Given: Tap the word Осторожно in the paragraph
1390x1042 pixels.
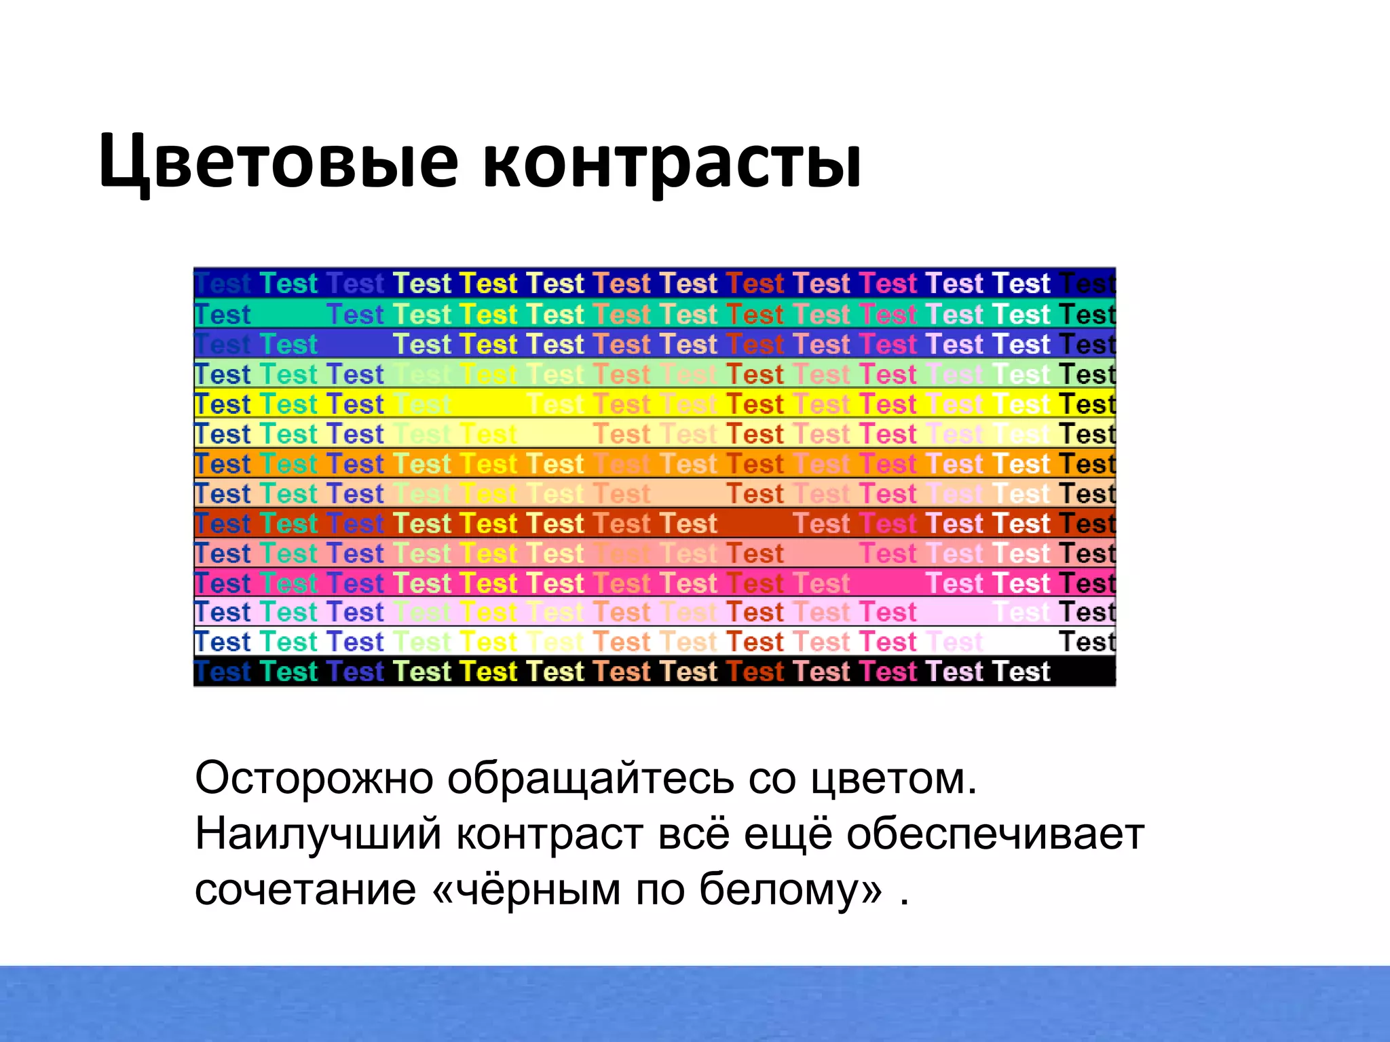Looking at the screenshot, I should click(x=314, y=778).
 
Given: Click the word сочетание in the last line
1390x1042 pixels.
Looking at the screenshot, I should click(x=305, y=889).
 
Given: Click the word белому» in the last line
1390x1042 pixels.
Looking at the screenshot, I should click(x=791, y=889).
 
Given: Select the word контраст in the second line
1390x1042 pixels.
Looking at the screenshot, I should click(x=548, y=834).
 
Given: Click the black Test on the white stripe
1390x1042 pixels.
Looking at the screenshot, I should click(x=1087, y=642).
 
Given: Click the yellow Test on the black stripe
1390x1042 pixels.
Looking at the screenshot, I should click(x=488, y=672).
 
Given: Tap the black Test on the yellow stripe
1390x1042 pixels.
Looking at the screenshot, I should click(x=1087, y=404).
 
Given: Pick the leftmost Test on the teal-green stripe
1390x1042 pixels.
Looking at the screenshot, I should click(x=223, y=315).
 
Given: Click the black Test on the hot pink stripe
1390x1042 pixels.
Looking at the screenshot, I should click(x=1087, y=583).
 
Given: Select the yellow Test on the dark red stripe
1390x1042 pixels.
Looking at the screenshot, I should click(x=488, y=524).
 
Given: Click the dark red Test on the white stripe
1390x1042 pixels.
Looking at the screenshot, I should click(x=755, y=642).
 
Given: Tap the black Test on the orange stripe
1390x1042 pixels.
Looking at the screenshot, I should click(x=1087, y=464).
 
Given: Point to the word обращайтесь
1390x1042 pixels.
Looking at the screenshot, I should click(x=590, y=778).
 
